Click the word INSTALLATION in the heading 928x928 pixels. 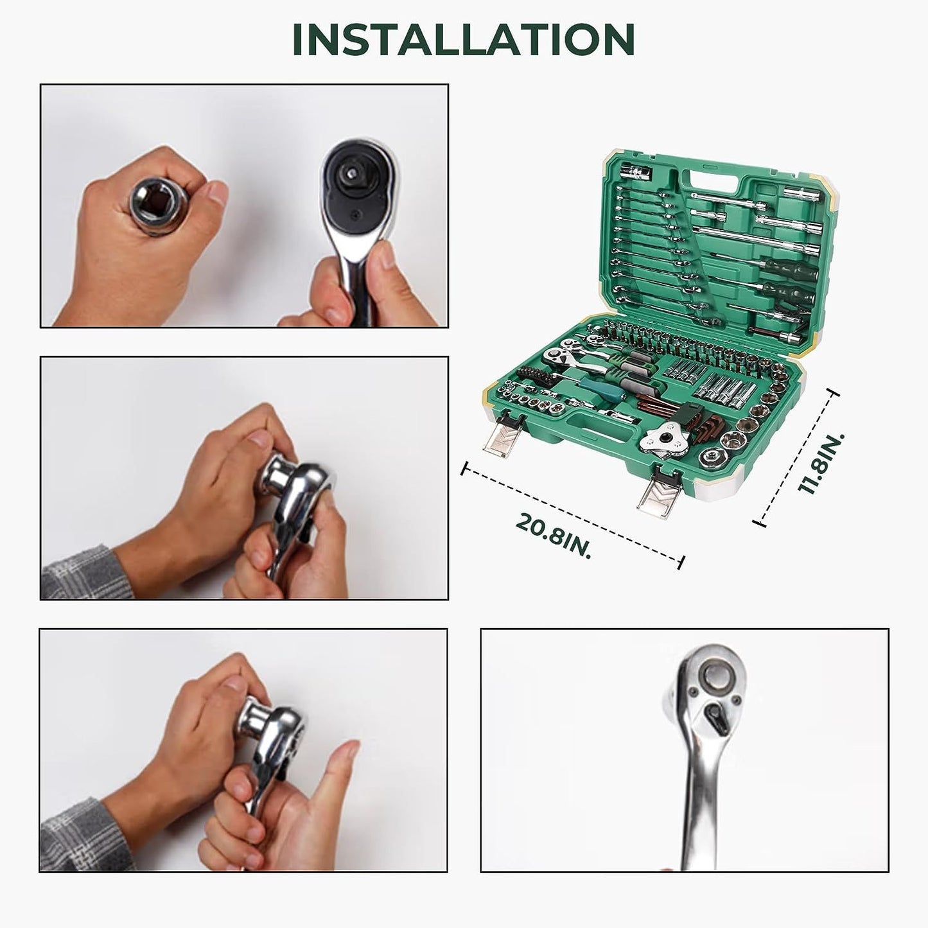point(463,40)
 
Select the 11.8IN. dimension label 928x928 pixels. point(821,462)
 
